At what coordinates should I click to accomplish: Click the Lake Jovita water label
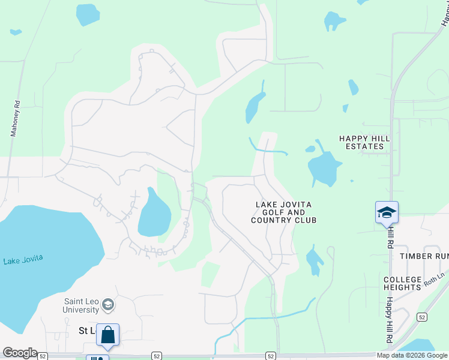tap(23, 260)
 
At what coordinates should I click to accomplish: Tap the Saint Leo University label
tap(81, 305)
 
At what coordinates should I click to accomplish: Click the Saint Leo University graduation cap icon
tap(108, 305)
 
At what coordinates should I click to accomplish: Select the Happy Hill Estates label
tap(364, 142)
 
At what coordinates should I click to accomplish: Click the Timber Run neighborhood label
tap(424, 256)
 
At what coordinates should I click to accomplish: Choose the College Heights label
tap(402, 284)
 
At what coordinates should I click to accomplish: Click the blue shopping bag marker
tap(108, 335)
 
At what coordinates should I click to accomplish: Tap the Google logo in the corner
tap(19, 353)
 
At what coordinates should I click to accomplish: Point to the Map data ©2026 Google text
tap(412, 355)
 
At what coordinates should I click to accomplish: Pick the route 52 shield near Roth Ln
tap(423, 317)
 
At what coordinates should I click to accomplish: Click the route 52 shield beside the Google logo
tap(43, 356)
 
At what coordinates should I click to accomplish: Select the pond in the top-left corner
tap(88, 14)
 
